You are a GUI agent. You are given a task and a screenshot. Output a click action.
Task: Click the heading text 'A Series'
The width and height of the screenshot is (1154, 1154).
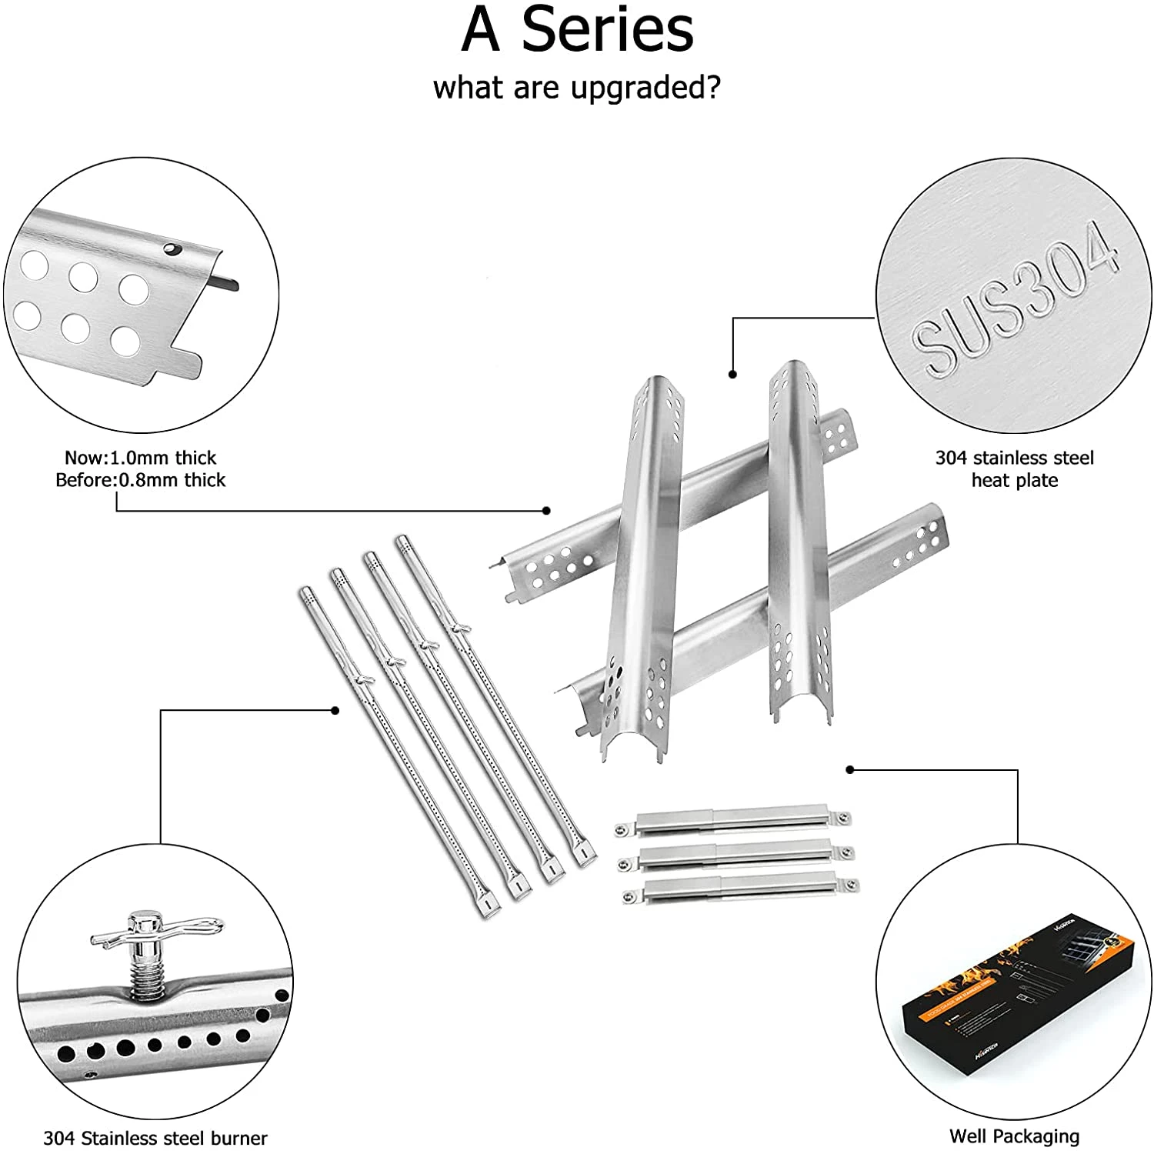(x=577, y=31)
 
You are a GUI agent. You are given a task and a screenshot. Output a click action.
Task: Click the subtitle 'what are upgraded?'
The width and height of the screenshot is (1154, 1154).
(x=577, y=88)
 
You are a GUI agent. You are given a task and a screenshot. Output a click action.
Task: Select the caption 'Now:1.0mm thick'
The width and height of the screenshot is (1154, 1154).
(x=140, y=458)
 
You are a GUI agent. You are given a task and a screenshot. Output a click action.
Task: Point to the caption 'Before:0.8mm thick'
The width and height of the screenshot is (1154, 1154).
(x=140, y=480)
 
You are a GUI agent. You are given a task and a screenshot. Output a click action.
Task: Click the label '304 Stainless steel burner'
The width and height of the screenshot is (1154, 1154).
(x=155, y=1138)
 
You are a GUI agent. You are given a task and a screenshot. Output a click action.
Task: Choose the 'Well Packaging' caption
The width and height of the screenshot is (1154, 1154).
(x=1014, y=1136)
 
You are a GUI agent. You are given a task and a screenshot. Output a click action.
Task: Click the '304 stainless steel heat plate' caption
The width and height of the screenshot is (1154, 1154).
(x=1014, y=469)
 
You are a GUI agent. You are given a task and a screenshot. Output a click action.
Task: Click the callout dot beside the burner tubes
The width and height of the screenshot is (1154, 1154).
(x=335, y=710)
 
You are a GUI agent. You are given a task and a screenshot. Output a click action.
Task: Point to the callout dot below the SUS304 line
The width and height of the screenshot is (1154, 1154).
(x=732, y=375)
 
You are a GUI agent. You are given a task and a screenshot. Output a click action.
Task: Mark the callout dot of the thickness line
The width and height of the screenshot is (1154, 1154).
(x=546, y=510)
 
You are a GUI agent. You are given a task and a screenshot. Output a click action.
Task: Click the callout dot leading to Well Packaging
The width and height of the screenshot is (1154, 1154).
(x=850, y=769)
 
